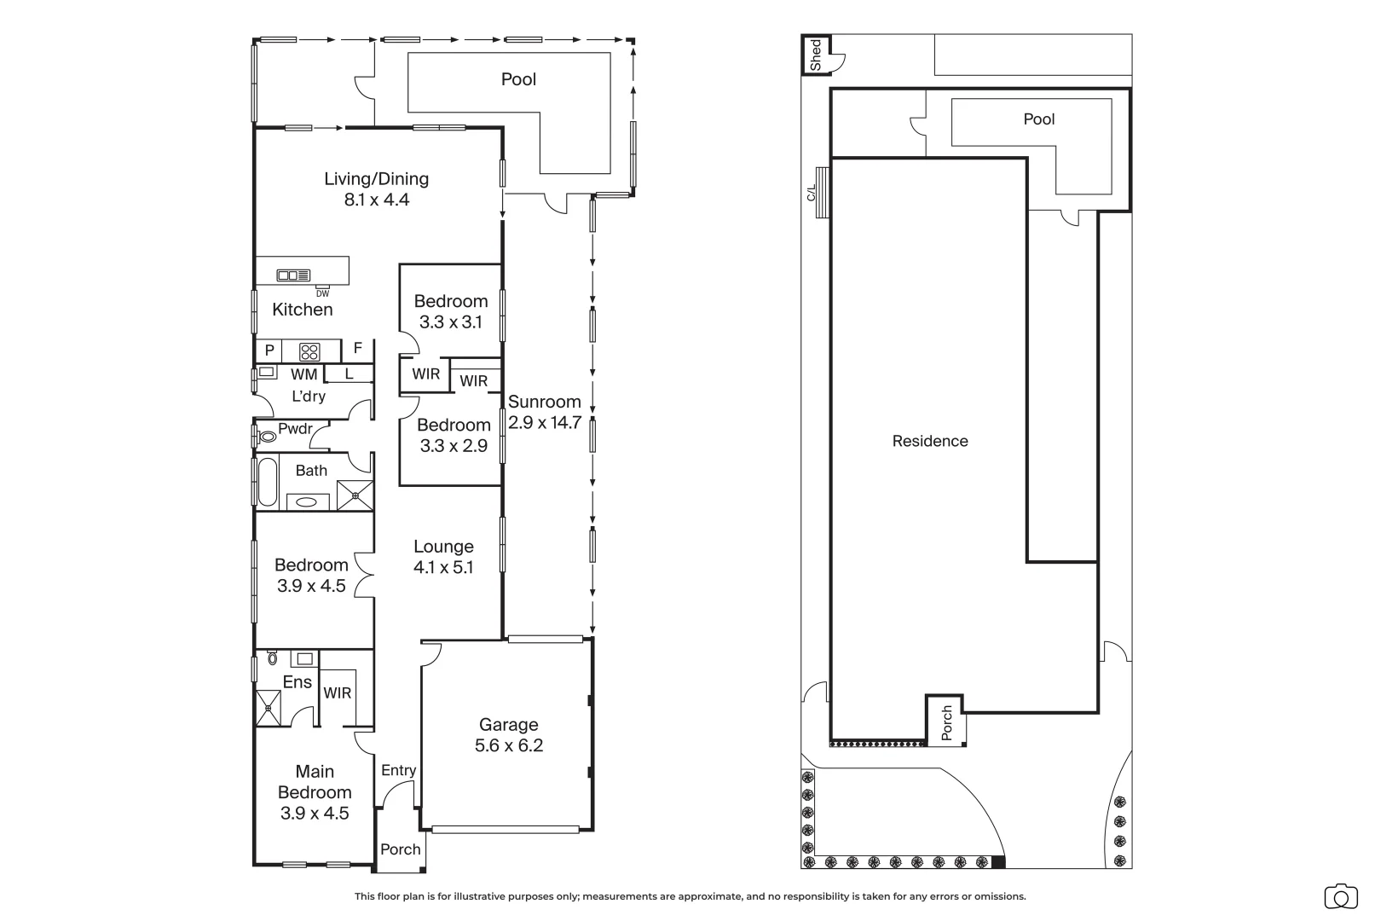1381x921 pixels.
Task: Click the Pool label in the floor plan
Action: (518, 79)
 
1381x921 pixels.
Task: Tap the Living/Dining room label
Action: (377, 179)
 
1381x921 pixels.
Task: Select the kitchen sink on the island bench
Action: (293, 275)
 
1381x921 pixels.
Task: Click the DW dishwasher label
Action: (322, 293)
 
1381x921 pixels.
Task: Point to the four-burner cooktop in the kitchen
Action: (309, 352)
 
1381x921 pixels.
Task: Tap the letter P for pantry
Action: (269, 351)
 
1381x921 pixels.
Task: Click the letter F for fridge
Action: (357, 348)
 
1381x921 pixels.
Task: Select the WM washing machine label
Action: (304, 374)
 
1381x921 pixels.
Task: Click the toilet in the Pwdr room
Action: (267, 437)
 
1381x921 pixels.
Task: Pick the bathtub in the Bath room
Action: (268, 482)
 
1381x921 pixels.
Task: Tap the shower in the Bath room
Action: (355, 495)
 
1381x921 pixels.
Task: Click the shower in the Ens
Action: (269, 708)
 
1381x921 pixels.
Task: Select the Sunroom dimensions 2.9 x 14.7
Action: (545, 423)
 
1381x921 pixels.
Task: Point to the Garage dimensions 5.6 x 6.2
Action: (509, 746)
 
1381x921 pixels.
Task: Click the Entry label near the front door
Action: (398, 770)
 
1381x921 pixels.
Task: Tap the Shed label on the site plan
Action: (816, 55)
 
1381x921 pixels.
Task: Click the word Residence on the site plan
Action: (930, 441)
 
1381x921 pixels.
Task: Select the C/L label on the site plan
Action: (812, 193)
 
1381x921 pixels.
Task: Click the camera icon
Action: (1341, 896)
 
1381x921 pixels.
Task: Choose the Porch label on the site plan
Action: (947, 722)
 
